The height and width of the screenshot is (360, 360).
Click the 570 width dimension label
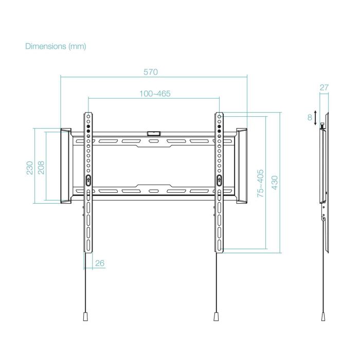[x=150, y=72]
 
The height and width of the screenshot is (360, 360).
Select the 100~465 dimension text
[x=155, y=94]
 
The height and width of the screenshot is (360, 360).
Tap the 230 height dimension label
[x=29, y=168]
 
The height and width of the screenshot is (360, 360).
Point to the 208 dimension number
[x=41, y=168]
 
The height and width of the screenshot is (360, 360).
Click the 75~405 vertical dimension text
[x=260, y=184]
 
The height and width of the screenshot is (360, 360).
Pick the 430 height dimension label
[x=275, y=184]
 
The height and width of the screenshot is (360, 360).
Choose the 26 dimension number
[x=100, y=263]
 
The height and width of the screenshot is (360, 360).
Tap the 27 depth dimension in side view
[x=324, y=87]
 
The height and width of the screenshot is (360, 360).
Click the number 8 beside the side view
[x=310, y=117]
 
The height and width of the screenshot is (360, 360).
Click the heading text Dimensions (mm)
[x=56, y=46]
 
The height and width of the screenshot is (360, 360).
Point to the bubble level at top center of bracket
[x=153, y=133]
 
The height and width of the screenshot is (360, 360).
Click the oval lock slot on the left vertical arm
[x=87, y=180]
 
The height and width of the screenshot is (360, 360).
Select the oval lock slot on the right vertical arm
[x=219, y=180]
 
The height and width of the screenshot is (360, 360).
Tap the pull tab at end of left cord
[x=85, y=316]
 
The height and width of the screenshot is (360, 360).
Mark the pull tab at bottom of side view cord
[x=323, y=316]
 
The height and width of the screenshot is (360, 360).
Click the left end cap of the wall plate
[x=66, y=165]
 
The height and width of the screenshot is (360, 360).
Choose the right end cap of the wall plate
[x=241, y=165]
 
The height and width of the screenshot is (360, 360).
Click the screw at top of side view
[x=322, y=125]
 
